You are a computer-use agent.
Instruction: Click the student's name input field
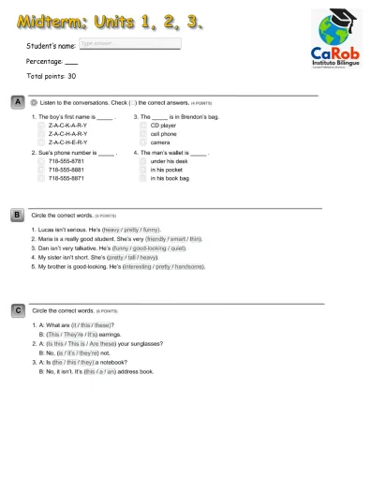coord(129,43)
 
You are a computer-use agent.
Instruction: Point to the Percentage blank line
coord(71,61)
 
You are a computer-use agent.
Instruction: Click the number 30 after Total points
coord(71,76)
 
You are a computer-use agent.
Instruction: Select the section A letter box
coord(18,101)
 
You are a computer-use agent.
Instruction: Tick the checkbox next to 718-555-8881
coord(40,170)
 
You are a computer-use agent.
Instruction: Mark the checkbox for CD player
coord(143,125)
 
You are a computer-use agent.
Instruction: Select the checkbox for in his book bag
coord(143,177)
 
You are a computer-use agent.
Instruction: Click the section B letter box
coord(18,215)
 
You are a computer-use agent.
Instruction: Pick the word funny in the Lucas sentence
coord(151,230)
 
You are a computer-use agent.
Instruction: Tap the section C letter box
coord(18,308)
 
